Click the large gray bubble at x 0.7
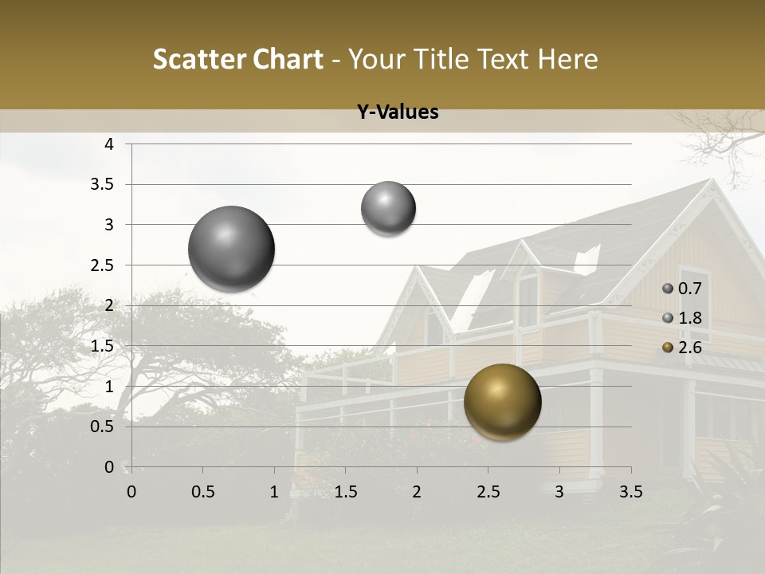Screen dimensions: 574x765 [x=231, y=249]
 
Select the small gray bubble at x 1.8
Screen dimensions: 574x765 [x=388, y=208]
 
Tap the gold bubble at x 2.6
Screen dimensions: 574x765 [x=502, y=402]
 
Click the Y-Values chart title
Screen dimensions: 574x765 [x=398, y=112]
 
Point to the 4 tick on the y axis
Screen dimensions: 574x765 [x=109, y=144]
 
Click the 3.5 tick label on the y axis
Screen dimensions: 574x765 [x=104, y=184]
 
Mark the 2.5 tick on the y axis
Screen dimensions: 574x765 [x=104, y=265]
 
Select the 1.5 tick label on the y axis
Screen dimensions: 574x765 [x=104, y=346]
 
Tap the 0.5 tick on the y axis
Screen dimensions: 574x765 [x=104, y=427]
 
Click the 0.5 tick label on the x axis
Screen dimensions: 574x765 [x=202, y=492]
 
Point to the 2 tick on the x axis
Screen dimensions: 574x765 [x=416, y=492]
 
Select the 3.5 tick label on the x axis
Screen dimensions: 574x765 [x=630, y=492]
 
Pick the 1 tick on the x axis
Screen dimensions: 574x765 [x=274, y=492]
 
